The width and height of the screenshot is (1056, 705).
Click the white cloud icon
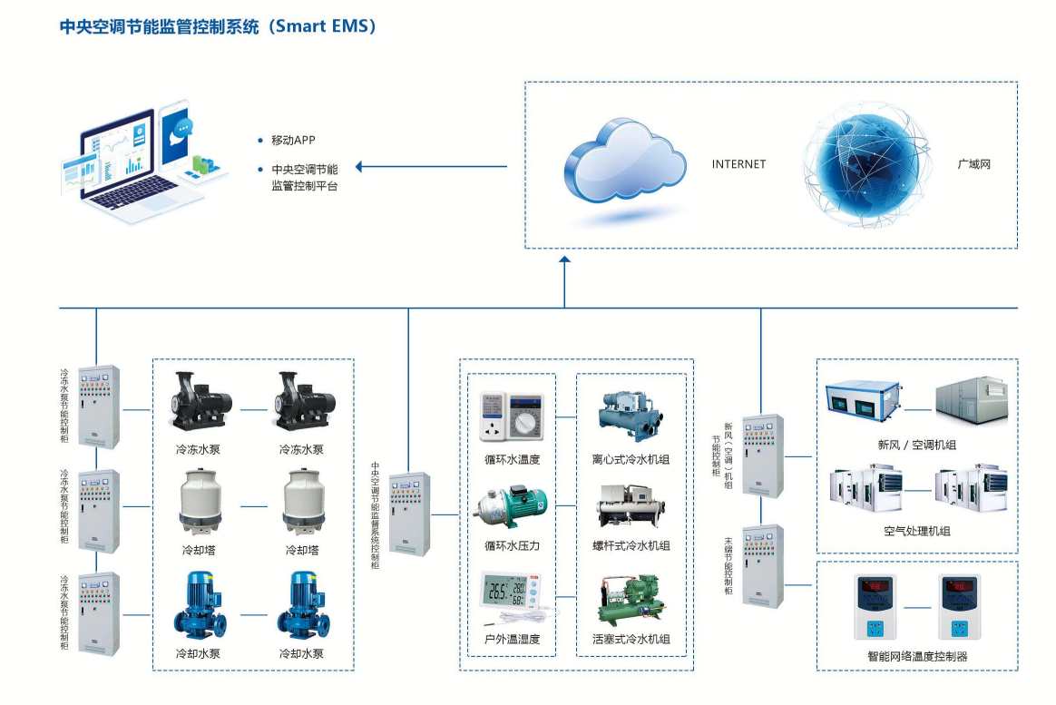pos(624,163)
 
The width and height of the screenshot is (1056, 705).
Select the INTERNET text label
pos(738,164)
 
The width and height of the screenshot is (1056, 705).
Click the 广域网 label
pos(973,164)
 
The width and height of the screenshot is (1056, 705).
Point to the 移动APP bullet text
pos(292,141)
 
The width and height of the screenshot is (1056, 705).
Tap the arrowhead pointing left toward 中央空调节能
pos(359,167)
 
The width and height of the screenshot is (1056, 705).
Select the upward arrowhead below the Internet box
pos(564,261)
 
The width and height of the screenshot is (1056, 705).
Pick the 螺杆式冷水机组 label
pos(631,545)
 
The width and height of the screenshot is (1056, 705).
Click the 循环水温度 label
pos(513,459)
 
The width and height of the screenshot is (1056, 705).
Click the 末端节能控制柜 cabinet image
pos(761,565)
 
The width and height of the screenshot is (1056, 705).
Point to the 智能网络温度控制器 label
pos(916,656)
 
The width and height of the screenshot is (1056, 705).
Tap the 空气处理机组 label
pos(916,531)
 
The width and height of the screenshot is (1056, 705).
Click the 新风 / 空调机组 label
pos(916,445)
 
